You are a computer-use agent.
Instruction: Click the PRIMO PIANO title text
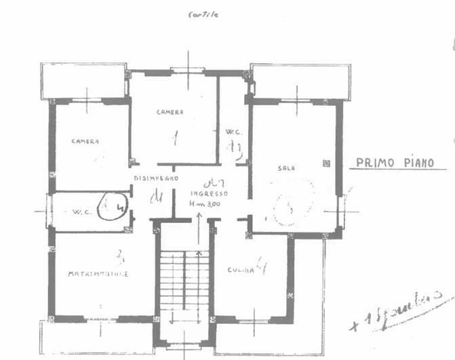click(x=401, y=163)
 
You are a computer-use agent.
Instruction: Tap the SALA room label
click(x=285, y=167)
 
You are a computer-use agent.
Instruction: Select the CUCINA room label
click(x=241, y=270)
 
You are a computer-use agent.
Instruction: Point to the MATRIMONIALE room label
click(x=98, y=274)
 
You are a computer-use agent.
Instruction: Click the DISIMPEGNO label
click(x=155, y=178)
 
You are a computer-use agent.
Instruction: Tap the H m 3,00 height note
click(x=209, y=203)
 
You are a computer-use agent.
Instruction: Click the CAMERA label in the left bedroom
click(x=85, y=141)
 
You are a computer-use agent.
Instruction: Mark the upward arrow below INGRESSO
click(x=199, y=227)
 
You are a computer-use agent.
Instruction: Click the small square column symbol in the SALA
click(x=326, y=163)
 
